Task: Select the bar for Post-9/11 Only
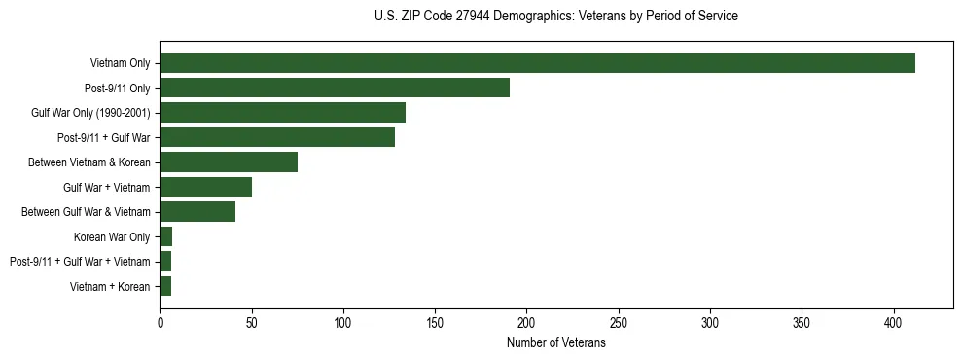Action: point(335,88)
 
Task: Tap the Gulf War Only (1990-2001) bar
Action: point(282,113)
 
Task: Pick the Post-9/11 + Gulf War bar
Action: point(277,137)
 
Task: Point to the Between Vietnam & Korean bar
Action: point(229,162)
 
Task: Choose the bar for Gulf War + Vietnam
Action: point(205,187)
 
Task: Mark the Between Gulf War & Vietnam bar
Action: point(197,212)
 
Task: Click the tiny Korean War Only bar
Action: point(166,236)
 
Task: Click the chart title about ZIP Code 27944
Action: point(555,17)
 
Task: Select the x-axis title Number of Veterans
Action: point(555,343)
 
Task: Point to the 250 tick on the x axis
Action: point(619,322)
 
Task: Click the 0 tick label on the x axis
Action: point(160,322)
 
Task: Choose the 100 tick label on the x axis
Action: point(343,322)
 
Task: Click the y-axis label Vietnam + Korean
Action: point(110,286)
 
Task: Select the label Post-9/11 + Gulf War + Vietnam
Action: point(80,262)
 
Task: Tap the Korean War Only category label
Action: point(112,236)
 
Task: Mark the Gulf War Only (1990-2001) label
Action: point(90,113)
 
